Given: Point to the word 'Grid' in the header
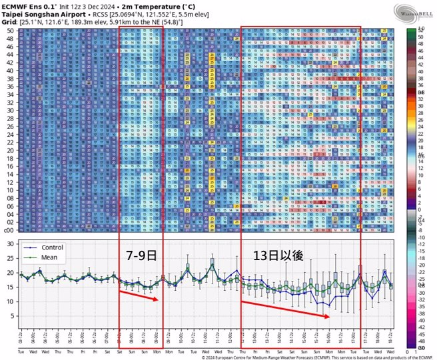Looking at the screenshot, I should [x=9, y=21].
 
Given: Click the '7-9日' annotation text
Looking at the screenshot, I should [x=142, y=255].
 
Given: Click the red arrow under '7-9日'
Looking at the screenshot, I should [x=139, y=295].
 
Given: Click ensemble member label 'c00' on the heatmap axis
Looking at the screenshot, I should [x=9, y=230].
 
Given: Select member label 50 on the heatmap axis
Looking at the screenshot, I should [x=10, y=31].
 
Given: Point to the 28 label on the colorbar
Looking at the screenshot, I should [x=422, y=116].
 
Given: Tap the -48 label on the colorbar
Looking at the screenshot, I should [x=420, y=328].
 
